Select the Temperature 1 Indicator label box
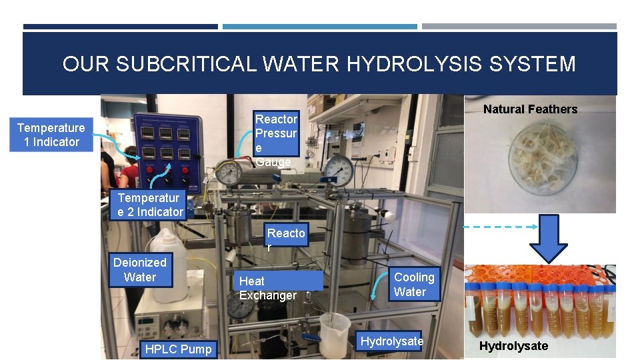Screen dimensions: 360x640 (x=51, y=135)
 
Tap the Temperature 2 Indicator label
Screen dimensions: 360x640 (x=150, y=205)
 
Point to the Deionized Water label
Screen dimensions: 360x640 (x=139, y=270)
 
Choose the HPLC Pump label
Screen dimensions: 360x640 (x=178, y=349)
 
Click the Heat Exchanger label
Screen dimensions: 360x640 (x=268, y=288)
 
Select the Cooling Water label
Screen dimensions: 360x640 (x=413, y=284)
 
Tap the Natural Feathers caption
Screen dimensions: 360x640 (x=530, y=109)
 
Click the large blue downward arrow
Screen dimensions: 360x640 (x=549, y=237)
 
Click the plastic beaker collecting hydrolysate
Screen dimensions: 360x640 (x=334, y=335)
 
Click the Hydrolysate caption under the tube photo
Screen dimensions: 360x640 (x=513, y=345)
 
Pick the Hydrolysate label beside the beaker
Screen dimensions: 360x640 (x=391, y=341)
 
